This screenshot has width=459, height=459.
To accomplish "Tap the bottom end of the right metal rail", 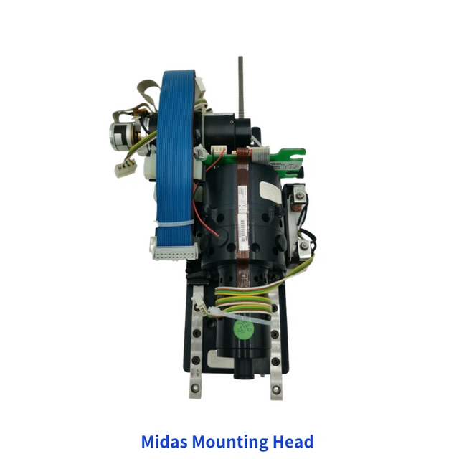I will point(276,392).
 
